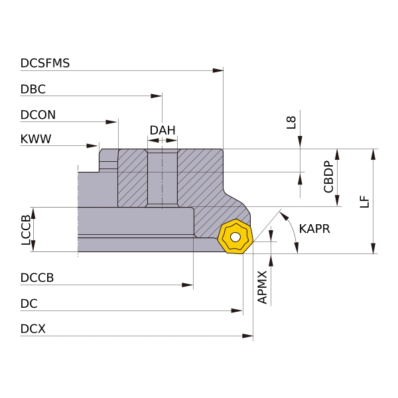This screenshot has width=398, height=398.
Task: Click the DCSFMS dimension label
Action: point(45,64)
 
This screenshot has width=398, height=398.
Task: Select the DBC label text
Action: point(33,89)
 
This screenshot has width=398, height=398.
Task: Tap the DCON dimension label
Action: point(38,115)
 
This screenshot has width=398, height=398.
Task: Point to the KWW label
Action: point(36,139)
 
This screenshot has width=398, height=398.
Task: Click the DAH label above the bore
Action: point(163,130)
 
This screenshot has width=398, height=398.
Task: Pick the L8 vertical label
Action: point(291,121)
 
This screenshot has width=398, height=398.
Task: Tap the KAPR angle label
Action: point(314,229)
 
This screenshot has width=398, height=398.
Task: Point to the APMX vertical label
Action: point(263,287)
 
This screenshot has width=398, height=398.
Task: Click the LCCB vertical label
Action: point(26,230)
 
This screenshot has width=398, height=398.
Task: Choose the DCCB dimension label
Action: point(37,279)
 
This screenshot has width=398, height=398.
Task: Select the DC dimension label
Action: point(29,304)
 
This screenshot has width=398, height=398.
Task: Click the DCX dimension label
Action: point(33,329)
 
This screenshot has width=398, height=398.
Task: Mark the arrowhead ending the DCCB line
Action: point(188,285)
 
